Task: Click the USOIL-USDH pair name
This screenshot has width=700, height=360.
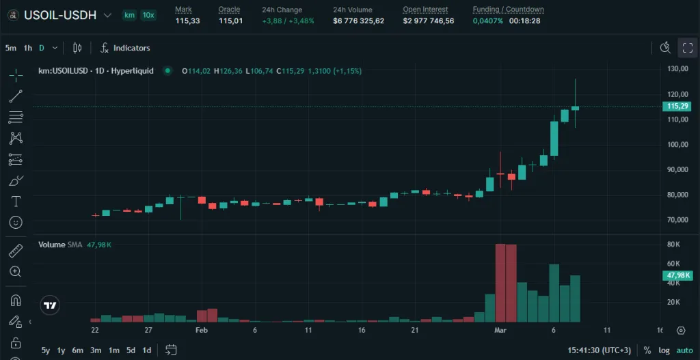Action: click(60, 14)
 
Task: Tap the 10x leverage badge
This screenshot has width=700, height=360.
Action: click(148, 15)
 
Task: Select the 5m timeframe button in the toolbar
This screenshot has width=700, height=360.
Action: click(11, 48)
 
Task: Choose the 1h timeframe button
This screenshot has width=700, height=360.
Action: click(28, 48)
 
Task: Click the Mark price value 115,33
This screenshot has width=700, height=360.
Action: click(187, 21)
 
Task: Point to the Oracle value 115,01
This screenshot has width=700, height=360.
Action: click(230, 21)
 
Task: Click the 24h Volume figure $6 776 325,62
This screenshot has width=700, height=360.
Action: click(359, 21)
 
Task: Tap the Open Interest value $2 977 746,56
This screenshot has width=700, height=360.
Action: click(429, 21)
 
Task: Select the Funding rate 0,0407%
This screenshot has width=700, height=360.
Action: click(487, 21)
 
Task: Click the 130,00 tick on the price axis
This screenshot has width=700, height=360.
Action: click(677, 69)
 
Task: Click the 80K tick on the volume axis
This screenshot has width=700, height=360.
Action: click(673, 245)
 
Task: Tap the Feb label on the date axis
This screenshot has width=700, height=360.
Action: click(201, 330)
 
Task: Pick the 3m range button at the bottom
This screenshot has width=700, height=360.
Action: click(96, 350)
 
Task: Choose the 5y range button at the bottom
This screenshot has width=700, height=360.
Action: click(46, 350)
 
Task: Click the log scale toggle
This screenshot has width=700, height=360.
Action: click(663, 350)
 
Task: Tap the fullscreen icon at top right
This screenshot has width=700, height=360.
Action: click(687, 47)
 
